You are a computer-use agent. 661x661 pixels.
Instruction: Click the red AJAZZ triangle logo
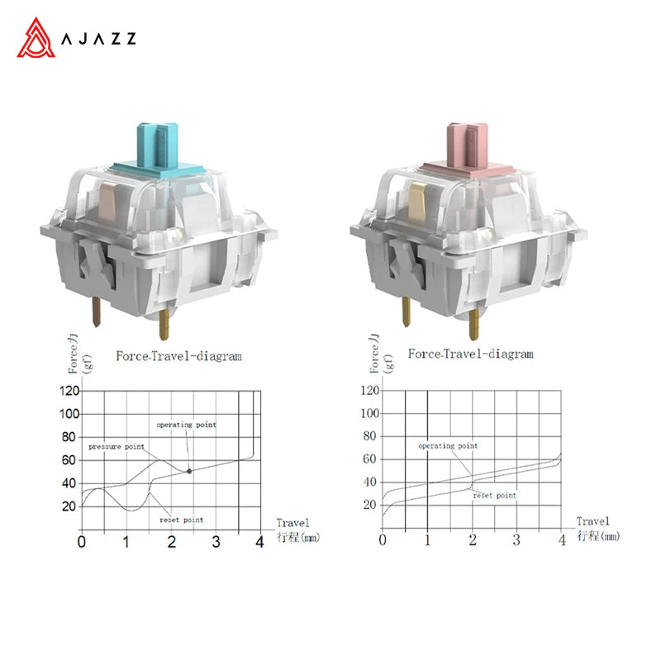(36, 38)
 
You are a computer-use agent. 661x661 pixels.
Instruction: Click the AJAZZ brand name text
(98, 38)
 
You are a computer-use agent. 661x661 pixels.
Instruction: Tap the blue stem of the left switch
(158, 146)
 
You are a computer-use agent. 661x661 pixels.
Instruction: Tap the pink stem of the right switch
(468, 146)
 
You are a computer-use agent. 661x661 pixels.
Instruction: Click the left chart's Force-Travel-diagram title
(179, 356)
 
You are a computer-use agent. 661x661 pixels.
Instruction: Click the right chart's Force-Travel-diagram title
(470, 354)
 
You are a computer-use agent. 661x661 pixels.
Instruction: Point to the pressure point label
(117, 446)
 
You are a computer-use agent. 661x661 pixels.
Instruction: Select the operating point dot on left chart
(189, 471)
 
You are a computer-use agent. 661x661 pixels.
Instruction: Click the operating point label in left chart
(187, 425)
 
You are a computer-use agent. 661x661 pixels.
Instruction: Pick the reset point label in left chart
(181, 520)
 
